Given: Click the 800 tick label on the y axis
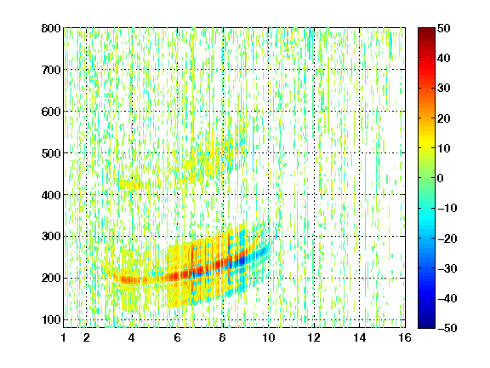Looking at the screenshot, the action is click(51, 28).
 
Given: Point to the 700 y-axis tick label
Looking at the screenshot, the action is click(51, 70).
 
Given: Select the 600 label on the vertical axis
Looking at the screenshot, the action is click(51, 112).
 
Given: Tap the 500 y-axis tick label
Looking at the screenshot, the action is click(51, 153).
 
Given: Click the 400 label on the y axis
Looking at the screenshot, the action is click(51, 195).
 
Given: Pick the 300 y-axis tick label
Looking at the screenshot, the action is click(51, 237).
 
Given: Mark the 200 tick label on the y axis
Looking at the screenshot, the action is click(51, 279).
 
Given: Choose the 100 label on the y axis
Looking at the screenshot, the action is click(51, 320).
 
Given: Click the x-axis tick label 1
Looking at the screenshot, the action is click(64, 337).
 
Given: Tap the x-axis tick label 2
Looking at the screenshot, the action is click(87, 337).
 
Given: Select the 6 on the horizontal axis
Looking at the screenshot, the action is click(178, 337).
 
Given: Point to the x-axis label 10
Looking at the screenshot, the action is click(269, 337).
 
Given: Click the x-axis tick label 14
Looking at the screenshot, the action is click(359, 337).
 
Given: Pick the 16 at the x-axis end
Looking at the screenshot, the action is click(405, 337).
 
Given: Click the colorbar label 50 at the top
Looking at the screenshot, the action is click(444, 28).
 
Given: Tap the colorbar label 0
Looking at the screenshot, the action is click(441, 178).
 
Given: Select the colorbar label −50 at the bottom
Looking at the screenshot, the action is click(447, 328).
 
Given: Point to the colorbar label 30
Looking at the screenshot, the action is click(444, 89).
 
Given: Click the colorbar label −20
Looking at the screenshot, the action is click(447, 239).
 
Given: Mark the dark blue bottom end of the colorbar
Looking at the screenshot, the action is click(426, 325).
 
